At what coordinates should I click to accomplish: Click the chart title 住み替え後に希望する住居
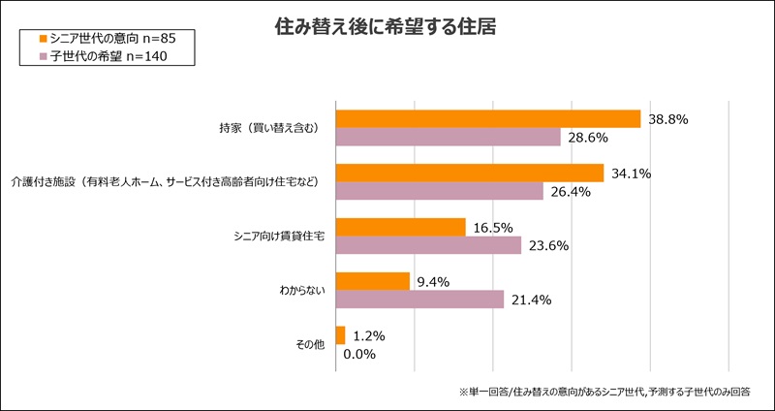click(387, 27)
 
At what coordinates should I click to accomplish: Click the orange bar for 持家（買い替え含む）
click(487, 118)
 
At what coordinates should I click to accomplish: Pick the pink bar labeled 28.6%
click(448, 138)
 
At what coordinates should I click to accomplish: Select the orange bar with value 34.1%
click(469, 173)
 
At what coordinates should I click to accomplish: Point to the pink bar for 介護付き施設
click(439, 191)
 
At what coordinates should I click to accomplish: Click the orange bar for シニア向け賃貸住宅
click(400, 227)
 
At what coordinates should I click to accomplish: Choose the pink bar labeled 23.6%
click(428, 245)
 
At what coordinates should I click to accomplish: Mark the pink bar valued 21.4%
click(419, 300)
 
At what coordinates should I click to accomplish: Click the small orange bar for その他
click(340, 335)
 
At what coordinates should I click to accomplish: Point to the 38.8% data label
click(668, 119)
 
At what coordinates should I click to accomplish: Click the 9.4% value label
click(434, 281)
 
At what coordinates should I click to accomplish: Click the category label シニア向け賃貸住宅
click(280, 237)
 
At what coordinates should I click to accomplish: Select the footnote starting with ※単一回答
click(604, 392)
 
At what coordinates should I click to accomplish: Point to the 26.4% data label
click(571, 192)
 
